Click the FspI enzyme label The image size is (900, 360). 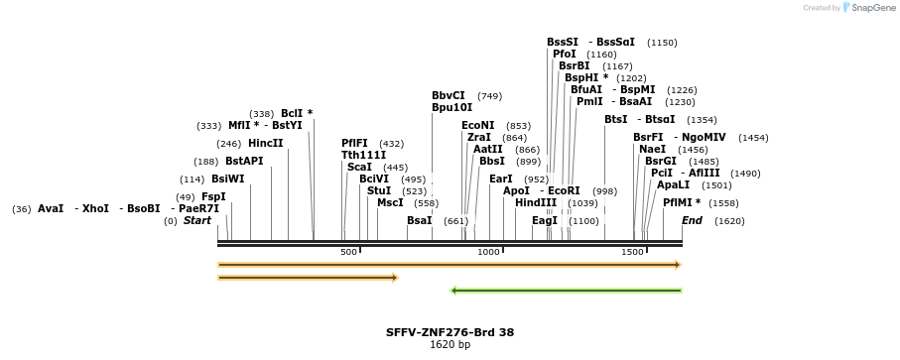(x=213, y=197)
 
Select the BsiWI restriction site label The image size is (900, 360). (x=228, y=179)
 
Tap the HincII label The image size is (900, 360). (x=266, y=144)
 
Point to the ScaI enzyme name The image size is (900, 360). (x=359, y=168)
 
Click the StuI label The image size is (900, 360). (x=379, y=190)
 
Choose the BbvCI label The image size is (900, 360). (x=449, y=96)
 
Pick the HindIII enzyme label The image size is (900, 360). (x=536, y=203)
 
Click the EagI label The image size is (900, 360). (x=545, y=221)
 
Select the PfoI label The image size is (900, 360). (x=565, y=54)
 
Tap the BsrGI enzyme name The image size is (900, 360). (x=661, y=161)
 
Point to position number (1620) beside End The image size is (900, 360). (x=729, y=221)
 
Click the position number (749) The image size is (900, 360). (x=489, y=96)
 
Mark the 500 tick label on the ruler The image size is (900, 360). (x=348, y=252)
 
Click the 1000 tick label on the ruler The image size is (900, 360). (x=488, y=252)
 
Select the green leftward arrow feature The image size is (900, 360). (x=566, y=291)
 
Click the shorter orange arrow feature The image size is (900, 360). (x=308, y=278)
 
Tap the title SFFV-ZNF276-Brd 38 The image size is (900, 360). (x=450, y=332)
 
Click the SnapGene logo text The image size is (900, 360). (x=873, y=8)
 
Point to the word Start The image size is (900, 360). (x=197, y=221)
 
